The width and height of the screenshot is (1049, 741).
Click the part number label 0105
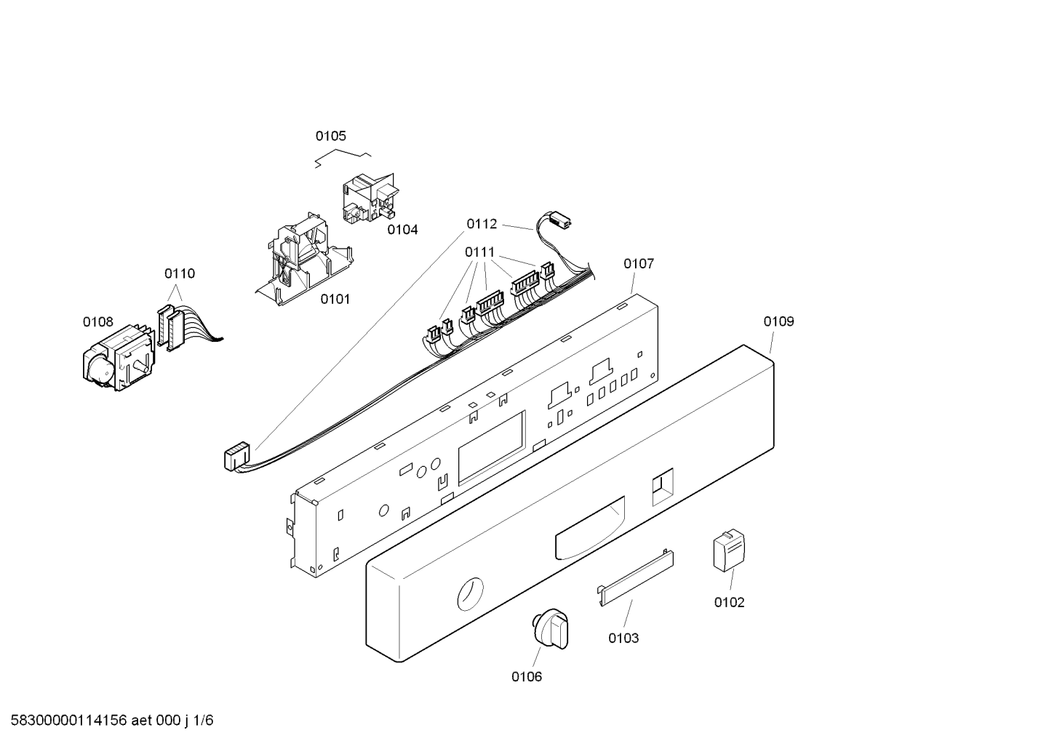tap(330, 136)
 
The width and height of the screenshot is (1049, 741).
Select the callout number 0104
tap(402, 229)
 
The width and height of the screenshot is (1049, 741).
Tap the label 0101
tap(335, 299)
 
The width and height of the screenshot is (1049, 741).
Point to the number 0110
tap(180, 273)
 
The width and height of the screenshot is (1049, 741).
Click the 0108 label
tap(98, 321)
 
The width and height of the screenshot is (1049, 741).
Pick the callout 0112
tap(482, 224)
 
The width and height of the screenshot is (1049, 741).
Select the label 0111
tap(479, 252)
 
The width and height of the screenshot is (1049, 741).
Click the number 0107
tap(638, 264)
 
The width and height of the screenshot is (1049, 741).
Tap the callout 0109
tap(779, 321)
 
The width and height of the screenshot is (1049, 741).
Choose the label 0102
tap(729, 602)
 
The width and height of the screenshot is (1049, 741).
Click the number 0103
tap(623, 638)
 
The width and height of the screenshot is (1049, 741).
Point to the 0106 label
tap(527, 676)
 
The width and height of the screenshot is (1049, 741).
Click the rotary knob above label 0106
tap(550, 629)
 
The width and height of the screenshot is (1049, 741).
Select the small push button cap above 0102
tap(729, 550)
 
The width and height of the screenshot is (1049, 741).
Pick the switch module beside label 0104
tap(371, 199)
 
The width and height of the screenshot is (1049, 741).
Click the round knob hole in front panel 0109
tap(470, 594)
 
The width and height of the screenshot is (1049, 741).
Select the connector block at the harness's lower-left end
tap(237, 457)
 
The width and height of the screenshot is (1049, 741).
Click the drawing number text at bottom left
tap(112, 721)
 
